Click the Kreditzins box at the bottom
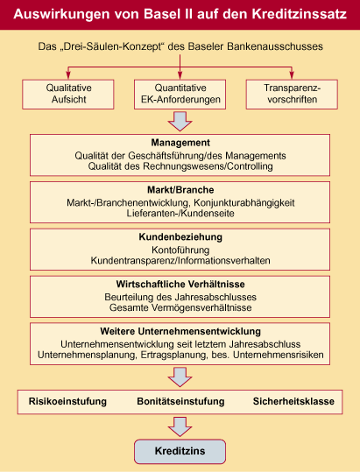[180, 451]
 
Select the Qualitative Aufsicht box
[68, 94]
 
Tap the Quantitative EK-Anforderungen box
[180, 94]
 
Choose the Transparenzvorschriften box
[292, 94]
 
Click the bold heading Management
[180, 143]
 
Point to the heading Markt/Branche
[180, 190]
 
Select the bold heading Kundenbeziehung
[180, 237]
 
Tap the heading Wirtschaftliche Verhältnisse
[180, 284]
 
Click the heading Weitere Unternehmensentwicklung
[180, 331]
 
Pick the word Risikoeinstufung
[67, 401]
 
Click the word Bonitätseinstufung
[180, 401]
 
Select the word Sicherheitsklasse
[293, 401]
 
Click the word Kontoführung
[180, 250]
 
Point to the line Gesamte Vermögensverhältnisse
[180, 307]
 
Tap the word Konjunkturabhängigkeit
[244, 202]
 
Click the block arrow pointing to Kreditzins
[180, 426]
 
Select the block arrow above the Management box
[180, 122]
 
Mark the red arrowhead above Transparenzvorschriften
[292, 74]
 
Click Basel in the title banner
[162, 14]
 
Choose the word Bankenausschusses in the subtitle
[275, 46]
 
